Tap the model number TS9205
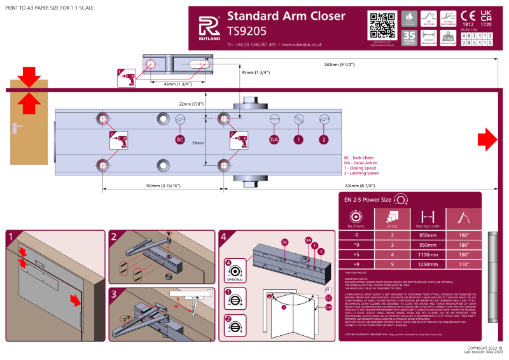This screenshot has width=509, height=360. tap(247, 30)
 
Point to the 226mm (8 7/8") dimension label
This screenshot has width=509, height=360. tap(350, 185)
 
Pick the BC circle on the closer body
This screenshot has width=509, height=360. tap(179, 139)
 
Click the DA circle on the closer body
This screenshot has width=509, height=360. tap(274, 139)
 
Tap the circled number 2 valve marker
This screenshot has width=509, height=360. tap(323, 139)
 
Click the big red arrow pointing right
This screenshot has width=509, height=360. tap(487, 137)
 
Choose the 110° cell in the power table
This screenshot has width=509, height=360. tap(464, 263)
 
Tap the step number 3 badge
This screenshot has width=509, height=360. tap(114, 293)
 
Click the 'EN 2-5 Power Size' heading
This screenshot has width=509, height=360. tap(369, 200)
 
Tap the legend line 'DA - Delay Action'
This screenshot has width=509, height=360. tap(360, 162)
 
